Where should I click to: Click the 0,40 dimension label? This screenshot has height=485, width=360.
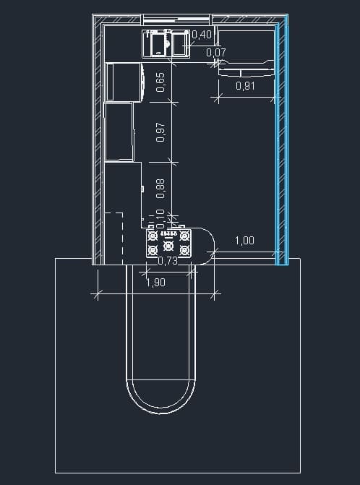[202, 35]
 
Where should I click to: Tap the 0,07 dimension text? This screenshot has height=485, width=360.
[216, 53]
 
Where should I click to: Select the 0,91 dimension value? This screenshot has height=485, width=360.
[246, 86]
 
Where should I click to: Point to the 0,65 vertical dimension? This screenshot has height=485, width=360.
[160, 82]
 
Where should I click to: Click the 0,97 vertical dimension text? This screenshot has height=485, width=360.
[160, 132]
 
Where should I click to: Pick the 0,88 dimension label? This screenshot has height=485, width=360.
[160, 189]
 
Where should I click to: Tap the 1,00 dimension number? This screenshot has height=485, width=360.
[244, 241]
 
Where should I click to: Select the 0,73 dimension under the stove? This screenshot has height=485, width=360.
[168, 261]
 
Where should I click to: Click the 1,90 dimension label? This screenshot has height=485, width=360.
[155, 282]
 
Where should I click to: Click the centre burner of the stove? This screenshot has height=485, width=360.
[168, 246]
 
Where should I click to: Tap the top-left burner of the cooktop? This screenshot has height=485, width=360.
[152, 236]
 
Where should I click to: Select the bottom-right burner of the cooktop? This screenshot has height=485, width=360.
[184, 249]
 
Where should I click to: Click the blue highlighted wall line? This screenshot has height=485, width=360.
[282, 144]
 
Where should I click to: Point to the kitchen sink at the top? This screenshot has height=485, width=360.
[166, 43]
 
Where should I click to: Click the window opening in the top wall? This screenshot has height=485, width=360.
[176, 20]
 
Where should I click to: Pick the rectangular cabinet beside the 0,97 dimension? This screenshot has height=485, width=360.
[119, 132]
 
